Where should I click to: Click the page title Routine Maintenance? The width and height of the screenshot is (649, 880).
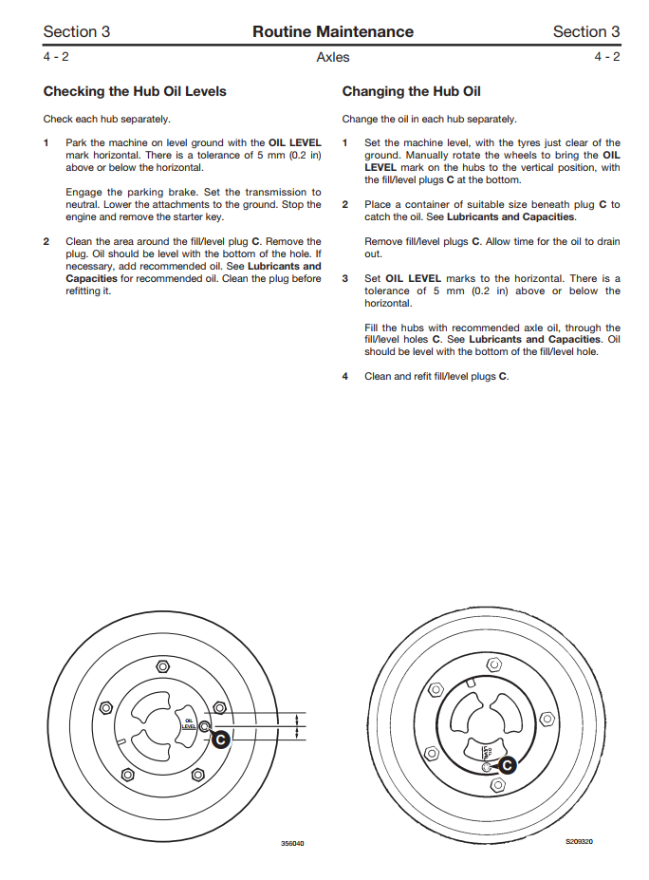tap(332, 31)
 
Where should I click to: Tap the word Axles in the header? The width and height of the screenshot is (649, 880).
tap(332, 57)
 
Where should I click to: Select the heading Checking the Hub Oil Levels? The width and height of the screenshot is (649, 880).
tap(135, 92)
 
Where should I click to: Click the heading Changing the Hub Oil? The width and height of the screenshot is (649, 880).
tap(411, 92)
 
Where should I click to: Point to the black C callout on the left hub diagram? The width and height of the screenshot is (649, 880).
tap(220, 739)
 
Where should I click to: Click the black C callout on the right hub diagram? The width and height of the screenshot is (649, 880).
tap(507, 763)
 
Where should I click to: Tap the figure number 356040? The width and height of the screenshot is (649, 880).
tap(292, 843)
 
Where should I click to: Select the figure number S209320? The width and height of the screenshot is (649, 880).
tap(579, 841)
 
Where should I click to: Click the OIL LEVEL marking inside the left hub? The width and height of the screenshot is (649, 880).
tap(188, 724)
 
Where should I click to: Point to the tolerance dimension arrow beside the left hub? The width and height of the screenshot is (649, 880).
tap(299, 726)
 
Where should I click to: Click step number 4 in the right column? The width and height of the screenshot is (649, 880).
tap(345, 376)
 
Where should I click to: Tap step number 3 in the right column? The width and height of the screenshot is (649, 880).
tap(345, 279)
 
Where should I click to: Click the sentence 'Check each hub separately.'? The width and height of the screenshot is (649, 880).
tap(106, 120)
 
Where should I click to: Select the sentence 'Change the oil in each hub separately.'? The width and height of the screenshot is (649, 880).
tap(429, 120)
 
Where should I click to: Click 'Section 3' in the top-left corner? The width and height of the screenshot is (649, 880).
tap(77, 31)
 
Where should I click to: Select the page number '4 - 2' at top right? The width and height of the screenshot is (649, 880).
tap(606, 57)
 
